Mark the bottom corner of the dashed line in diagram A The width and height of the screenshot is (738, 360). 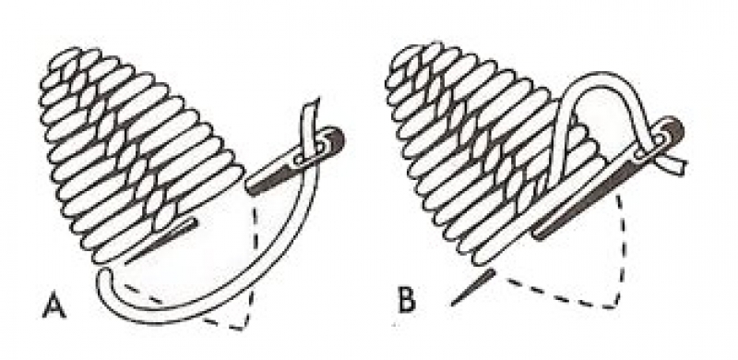click(244, 328)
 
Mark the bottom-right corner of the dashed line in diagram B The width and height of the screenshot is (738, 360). click(614, 306)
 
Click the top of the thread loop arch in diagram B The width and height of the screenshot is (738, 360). click(599, 77)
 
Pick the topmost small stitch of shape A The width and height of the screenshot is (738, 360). click(65, 57)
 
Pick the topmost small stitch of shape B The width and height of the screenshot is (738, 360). click(410, 53)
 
